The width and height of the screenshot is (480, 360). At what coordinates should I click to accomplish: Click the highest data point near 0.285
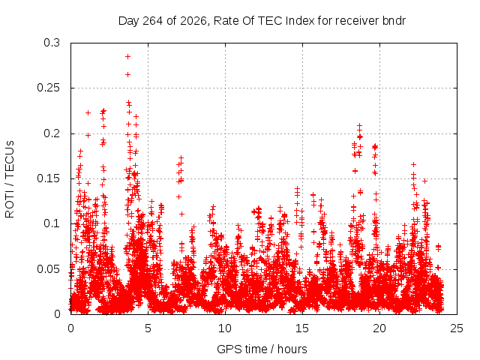click(128, 57)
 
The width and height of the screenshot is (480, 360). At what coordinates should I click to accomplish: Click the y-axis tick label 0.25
click(48, 88)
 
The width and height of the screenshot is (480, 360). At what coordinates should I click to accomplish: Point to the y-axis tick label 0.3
click(52, 43)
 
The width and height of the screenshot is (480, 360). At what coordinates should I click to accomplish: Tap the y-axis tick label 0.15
click(48, 178)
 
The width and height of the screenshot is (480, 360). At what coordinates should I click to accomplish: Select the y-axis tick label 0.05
click(48, 269)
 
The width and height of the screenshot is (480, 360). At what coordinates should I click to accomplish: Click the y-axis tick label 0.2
click(52, 133)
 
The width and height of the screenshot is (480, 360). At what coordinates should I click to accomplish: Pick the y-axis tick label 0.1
click(52, 223)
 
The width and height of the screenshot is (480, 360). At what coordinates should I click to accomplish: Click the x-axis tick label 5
click(148, 328)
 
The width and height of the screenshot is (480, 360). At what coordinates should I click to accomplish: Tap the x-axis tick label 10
click(225, 328)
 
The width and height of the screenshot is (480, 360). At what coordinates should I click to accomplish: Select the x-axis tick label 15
click(302, 328)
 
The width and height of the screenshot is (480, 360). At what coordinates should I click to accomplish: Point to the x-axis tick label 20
click(379, 328)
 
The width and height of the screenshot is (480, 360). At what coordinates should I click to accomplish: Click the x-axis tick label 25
click(457, 328)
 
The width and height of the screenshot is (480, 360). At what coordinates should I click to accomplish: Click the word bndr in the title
click(394, 21)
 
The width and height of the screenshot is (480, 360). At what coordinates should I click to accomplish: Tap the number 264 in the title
click(153, 21)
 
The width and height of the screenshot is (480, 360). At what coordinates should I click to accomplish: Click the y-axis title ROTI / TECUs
click(10, 179)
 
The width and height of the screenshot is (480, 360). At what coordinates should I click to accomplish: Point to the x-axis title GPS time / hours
click(262, 349)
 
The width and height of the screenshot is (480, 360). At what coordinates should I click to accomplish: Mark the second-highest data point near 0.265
click(128, 75)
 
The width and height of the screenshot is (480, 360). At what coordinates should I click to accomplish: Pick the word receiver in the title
click(358, 21)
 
